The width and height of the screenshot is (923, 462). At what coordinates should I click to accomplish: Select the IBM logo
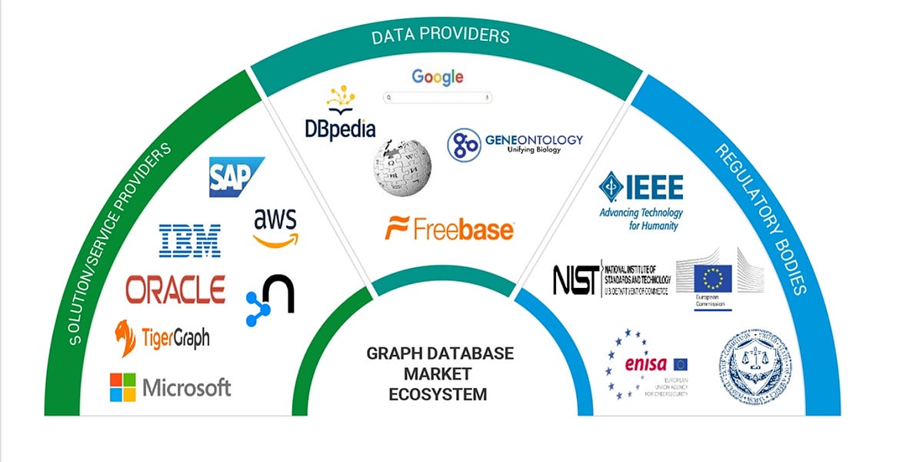coord(189,240)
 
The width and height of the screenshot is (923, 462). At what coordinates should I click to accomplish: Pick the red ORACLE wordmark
coord(175,290)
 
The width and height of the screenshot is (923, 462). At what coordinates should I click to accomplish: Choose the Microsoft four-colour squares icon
coord(122,387)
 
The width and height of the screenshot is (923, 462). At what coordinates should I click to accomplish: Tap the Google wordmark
coord(437,76)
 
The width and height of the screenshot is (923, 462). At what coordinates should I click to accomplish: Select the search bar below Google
coord(438,98)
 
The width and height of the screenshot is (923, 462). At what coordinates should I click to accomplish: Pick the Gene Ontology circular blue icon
coord(464,146)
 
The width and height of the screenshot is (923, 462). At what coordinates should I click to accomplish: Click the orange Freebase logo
coord(449,229)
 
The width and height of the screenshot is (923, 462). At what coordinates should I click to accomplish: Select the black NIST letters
coord(575,280)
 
